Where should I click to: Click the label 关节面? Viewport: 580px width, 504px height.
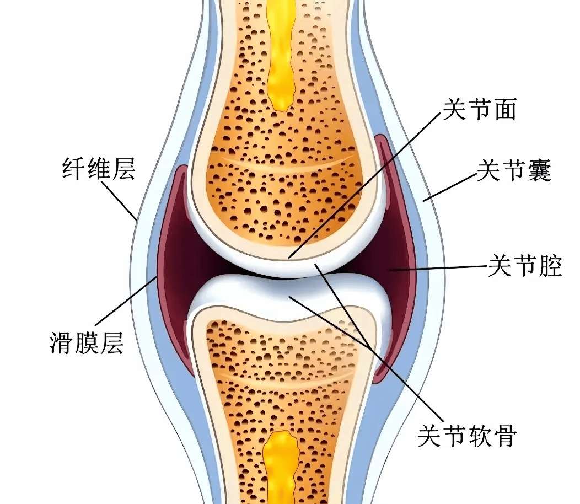pos(480,109)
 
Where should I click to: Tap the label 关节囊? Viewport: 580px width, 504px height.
pos(514,170)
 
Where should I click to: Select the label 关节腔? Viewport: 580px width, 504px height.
pos(525,265)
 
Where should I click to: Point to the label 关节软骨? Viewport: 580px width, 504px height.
pos(467,435)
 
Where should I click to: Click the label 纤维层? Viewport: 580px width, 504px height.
pos(98,168)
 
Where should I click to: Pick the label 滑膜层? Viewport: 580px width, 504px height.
pos(87,342)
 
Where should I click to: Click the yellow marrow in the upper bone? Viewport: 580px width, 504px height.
pos(281,56)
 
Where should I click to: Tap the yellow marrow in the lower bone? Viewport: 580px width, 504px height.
pos(281,468)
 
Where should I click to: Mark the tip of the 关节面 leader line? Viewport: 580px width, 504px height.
pos(289,258)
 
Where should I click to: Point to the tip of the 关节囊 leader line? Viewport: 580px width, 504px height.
pos(424,201)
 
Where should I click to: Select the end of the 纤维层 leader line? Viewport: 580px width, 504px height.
pos(137,221)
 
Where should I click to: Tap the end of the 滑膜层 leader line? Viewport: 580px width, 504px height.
pos(157,277)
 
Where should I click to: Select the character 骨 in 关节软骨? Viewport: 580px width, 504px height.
pos(505,435)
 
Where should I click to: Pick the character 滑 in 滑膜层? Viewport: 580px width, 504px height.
pos(62,342)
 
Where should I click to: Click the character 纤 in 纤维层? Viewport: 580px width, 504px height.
pos(73,168)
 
